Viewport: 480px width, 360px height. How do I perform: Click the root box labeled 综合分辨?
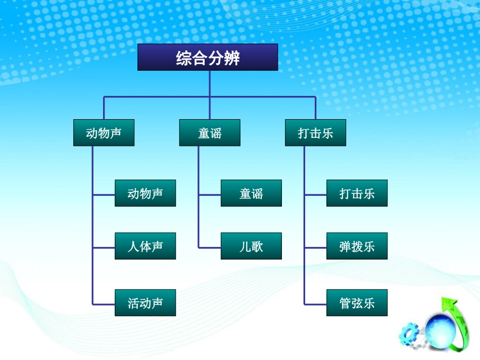pyautogui.click(x=208, y=57)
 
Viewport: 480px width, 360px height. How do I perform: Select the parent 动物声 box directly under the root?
pyautogui.click(x=104, y=133)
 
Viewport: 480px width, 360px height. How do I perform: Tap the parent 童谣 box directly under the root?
pyautogui.click(x=210, y=133)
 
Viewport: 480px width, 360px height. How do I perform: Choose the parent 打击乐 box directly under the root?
pyautogui.click(x=315, y=133)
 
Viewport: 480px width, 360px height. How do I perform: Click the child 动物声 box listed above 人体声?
pyautogui.click(x=145, y=193)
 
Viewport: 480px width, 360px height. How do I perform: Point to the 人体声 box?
pyautogui.click(x=145, y=246)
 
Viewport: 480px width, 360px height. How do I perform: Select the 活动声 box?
pyautogui.click(x=145, y=303)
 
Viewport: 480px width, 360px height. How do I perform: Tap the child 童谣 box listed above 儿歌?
pyautogui.click(x=251, y=193)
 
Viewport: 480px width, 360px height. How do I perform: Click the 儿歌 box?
pyautogui.click(x=251, y=246)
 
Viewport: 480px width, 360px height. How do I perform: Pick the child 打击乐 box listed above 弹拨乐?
pyautogui.click(x=357, y=193)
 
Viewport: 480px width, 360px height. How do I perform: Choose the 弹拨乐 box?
pyautogui.click(x=357, y=246)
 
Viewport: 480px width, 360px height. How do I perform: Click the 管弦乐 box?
pyautogui.click(x=357, y=303)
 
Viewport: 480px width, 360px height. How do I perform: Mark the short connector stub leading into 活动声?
pyautogui.click(x=104, y=304)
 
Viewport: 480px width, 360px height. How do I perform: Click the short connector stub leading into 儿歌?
pyautogui.click(x=210, y=247)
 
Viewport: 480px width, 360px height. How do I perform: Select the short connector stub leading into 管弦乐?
pyautogui.click(x=315, y=304)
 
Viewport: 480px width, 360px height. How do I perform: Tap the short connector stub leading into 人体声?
pyautogui.click(x=104, y=247)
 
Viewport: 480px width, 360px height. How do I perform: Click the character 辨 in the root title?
pyautogui.click(x=232, y=58)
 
